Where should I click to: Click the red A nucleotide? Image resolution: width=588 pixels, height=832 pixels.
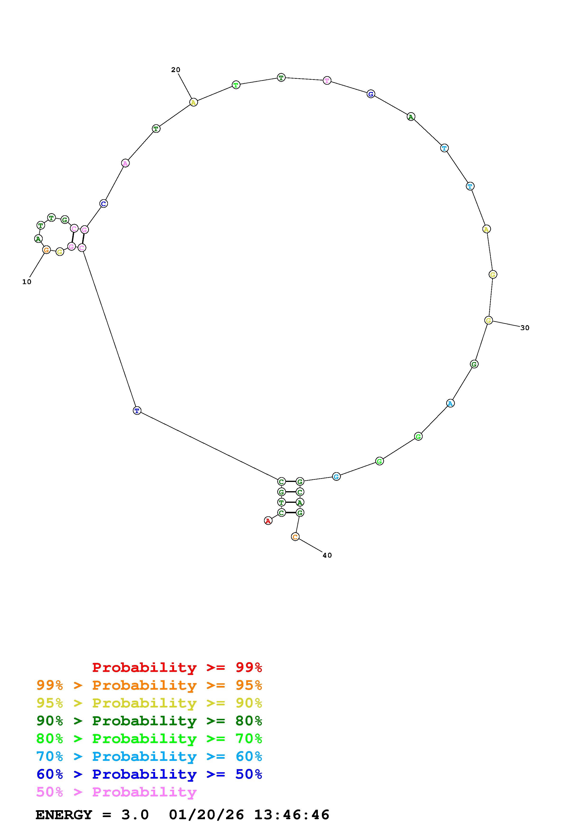pos(268,521)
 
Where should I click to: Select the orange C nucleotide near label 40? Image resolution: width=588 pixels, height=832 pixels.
pos(295,537)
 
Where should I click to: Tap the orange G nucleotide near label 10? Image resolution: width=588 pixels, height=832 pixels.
pos(46,250)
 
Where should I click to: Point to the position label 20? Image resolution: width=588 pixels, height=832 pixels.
pos(176,69)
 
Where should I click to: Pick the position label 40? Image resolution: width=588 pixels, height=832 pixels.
pos(327,555)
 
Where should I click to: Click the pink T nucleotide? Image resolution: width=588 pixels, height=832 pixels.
pos(327,80)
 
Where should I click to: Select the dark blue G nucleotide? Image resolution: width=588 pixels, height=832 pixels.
pos(371,94)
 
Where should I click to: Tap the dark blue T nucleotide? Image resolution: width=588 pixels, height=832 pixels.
pos(137,411)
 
